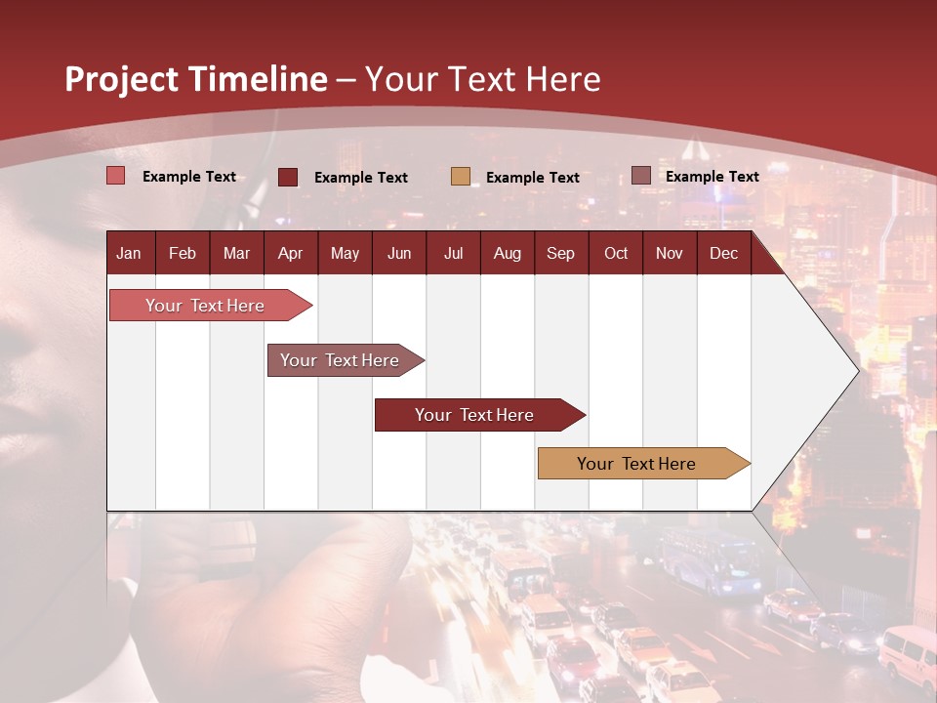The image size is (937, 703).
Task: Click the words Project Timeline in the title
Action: tap(195, 79)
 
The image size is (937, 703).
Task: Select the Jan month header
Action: tap(129, 253)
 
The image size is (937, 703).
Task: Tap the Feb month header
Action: tap(183, 253)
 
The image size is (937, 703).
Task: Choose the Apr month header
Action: tap(290, 253)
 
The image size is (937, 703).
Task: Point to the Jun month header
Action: tap(399, 253)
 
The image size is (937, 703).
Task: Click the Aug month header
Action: tap(507, 253)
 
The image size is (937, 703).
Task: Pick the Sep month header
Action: tap(560, 253)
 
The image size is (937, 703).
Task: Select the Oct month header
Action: tap(616, 253)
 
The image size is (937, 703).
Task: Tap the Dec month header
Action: tap(723, 253)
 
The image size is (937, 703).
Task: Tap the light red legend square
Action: tap(116, 176)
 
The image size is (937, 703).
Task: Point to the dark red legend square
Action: tap(288, 177)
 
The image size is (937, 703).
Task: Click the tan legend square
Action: tap(461, 177)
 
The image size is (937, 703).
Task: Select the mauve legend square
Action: tap(640, 176)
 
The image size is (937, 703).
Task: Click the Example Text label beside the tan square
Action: tap(533, 178)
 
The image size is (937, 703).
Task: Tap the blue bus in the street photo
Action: tap(711, 561)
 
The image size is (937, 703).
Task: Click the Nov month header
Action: tap(670, 253)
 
